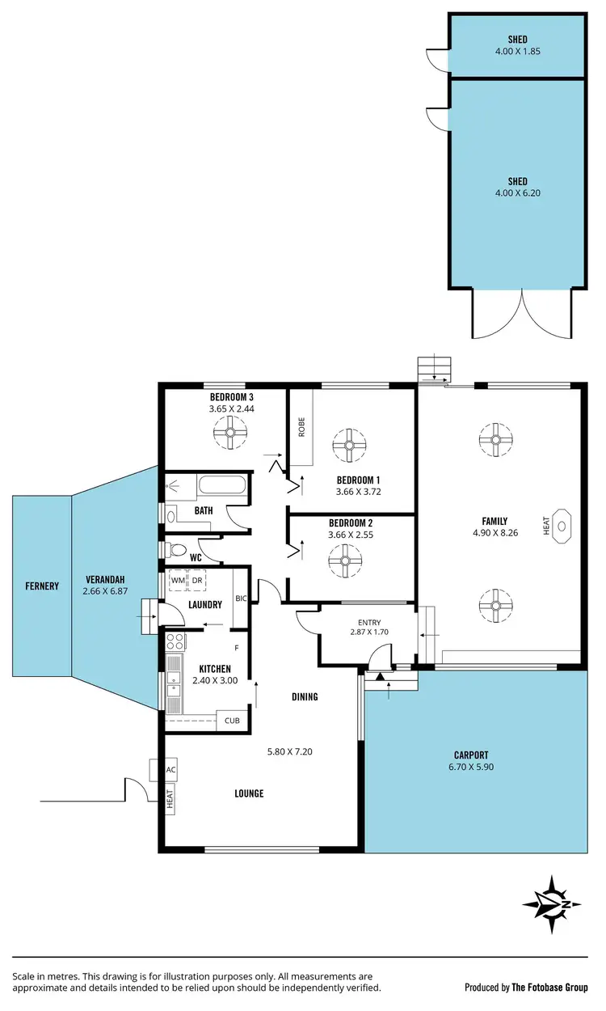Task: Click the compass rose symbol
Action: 551,903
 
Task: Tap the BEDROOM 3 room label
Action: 232,397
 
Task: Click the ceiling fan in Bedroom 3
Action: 231,436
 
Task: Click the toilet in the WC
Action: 177,550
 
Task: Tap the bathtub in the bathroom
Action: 222,488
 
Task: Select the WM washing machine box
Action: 177,580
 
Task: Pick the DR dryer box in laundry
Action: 197,580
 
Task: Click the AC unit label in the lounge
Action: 170,770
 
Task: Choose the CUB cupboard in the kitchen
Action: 232,720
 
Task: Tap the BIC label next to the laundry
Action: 240,599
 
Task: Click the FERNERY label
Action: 41,586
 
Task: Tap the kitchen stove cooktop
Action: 174,643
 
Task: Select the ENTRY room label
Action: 368,622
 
